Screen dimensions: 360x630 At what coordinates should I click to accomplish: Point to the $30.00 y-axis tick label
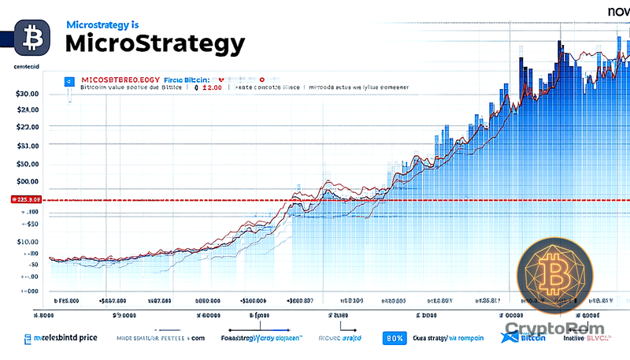click(27, 94)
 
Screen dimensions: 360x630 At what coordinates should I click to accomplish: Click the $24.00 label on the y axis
click(27, 110)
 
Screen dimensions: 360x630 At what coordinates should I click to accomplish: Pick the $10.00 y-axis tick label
click(27, 242)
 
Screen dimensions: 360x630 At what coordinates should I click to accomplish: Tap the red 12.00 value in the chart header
click(212, 89)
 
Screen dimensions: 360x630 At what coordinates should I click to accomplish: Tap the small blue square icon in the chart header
click(69, 80)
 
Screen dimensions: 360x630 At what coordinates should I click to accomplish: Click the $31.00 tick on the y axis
click(27, 146)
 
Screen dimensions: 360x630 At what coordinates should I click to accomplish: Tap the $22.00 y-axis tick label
click(27, 127)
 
